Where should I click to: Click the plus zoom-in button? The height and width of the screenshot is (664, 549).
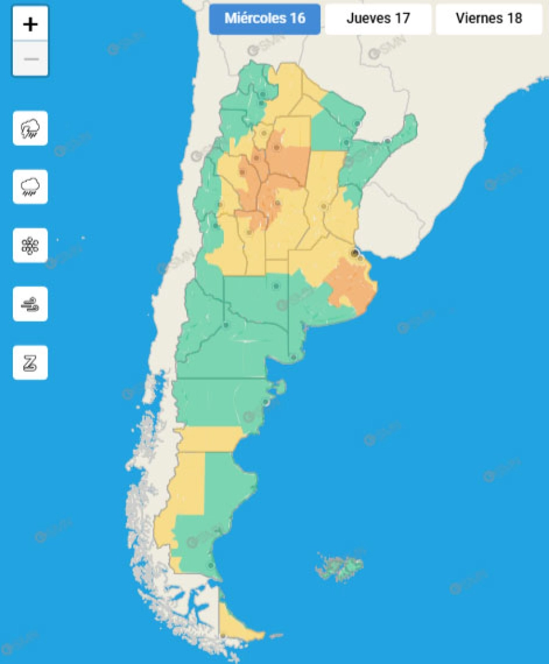(x=30, y=25)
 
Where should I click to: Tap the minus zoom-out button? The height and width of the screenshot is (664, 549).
(x=30, y=59)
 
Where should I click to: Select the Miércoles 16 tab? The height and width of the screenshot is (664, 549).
(x=265, y=18)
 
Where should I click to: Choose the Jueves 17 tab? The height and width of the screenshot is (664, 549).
(x=378, y=18)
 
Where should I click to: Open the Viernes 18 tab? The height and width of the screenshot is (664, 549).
(x=489, y=18)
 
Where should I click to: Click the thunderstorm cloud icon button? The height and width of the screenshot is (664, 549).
(x=30, y=128)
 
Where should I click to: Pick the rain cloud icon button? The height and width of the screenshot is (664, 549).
(x=30, y=187)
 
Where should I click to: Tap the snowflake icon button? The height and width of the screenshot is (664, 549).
(x=30, y=245)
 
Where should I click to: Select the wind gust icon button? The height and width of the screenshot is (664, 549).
(x=30, y=304)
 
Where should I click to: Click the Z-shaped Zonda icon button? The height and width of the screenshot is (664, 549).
(x=30, y=362)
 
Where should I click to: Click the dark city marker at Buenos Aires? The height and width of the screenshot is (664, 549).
(x=355, y=253)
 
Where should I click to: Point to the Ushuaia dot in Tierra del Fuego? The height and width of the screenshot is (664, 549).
(x=223, y=636)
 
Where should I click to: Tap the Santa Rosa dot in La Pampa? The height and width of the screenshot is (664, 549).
(x=276, y=285)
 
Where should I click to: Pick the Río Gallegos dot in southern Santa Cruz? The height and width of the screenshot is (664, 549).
(x=211, y=566)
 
